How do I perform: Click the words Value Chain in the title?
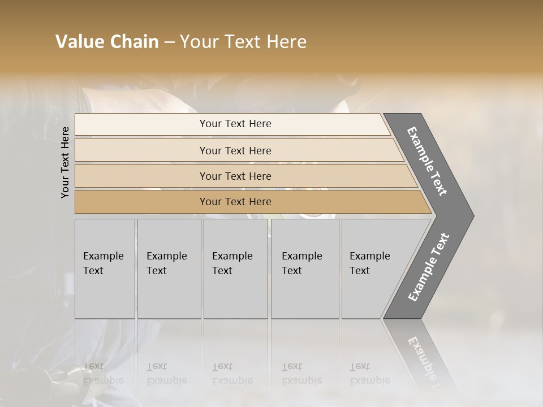click(107, 42)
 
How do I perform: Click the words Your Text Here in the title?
click(243, 42)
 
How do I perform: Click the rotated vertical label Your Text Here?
click(65, 162)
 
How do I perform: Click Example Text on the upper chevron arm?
click(428, 161)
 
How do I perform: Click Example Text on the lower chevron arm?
click(428, 267)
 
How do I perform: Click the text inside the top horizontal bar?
click(235, 124)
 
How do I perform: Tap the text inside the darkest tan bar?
click(235, 202)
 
